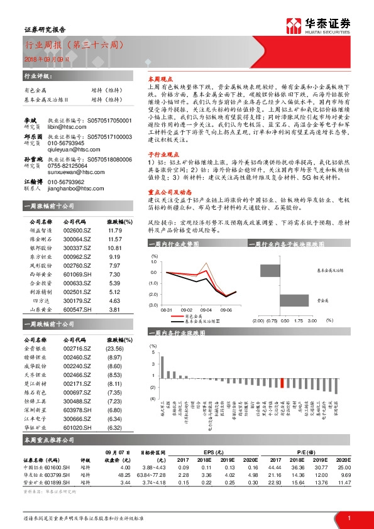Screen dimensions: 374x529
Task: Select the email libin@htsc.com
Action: click(68, 126)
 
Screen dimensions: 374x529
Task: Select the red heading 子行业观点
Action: click(160, 153)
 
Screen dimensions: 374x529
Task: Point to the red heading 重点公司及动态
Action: click(164, 193)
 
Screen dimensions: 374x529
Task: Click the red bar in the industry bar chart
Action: click(282, 382)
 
